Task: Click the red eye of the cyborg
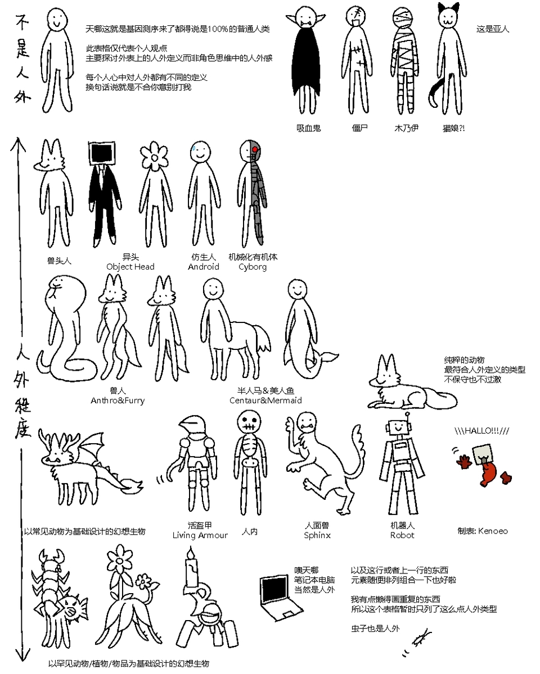point(254,149)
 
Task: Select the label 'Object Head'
point(130,267)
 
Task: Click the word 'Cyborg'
point(252,267)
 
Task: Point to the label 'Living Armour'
point(200,535)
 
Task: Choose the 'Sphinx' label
point(317,535)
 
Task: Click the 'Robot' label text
point(402,535)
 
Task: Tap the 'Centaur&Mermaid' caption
point(265,400)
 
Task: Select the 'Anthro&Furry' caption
point(118,400)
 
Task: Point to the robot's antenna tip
point(408,415)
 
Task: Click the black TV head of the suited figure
point(102,153)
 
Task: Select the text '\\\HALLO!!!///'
point(481,431)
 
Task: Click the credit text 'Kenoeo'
point(493,531)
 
